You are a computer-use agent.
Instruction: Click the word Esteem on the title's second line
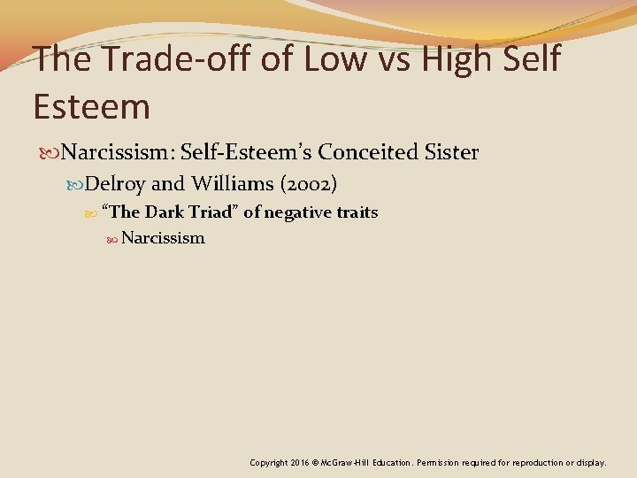point(91,106)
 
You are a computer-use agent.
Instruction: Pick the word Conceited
point(369,152)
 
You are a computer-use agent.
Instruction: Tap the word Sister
point(450,152)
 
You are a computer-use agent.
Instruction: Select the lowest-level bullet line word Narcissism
point(163,238)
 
